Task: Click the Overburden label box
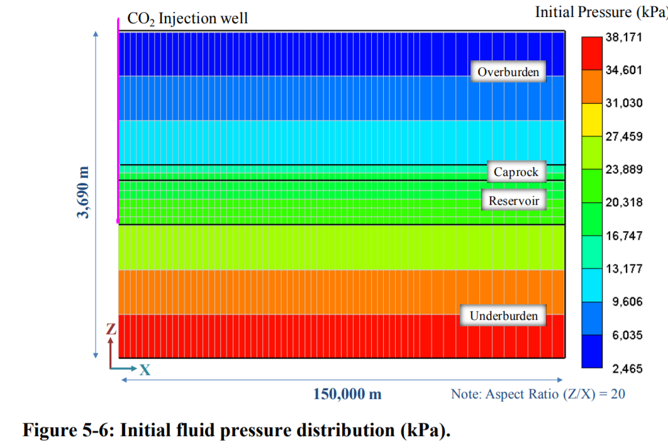(x=508, y=72)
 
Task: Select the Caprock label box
(x=516, y=172)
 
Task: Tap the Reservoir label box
(x=514, y=200)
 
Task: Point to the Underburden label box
(x=503, y=315)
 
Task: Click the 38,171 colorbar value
(x=624, y=37)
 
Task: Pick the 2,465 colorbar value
(x=627, y=368)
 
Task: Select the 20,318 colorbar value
(x=624, y=202)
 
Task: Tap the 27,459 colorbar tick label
(x=624, y=136)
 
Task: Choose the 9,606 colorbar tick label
(x=627, y=302)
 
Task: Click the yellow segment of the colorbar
(x=592, y=119)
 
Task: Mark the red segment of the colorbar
(x=592, y=53)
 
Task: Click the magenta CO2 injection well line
(x=118, y=121)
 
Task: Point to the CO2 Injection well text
(x=187, y=18)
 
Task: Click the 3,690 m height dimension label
(x=84, y=192)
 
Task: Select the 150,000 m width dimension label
(x=347, y=394)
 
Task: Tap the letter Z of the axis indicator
(x=111, y=329)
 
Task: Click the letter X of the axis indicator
(x=145, y=369)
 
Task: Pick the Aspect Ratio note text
(x=538, y=394)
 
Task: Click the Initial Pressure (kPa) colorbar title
(x=601, y=12)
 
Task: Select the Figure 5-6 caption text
(x=237, y=430)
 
